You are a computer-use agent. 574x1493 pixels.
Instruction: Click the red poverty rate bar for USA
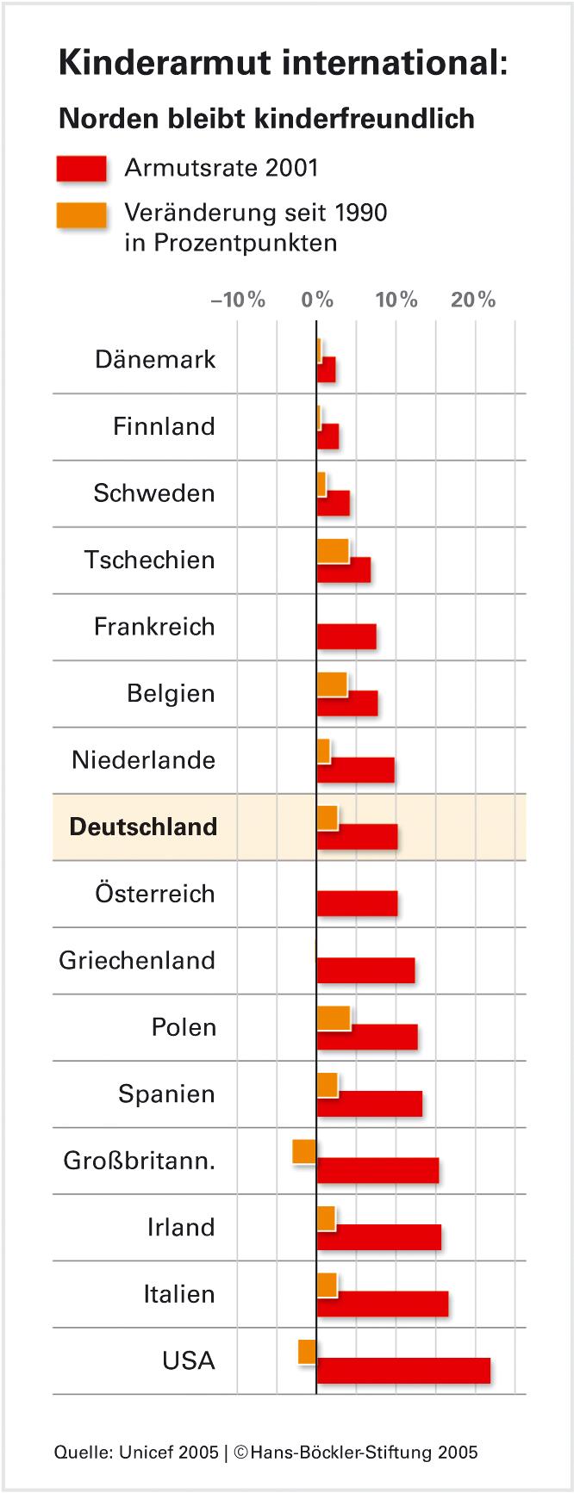[403, 1371]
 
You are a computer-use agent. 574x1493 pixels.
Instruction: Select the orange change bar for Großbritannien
[304, 1151]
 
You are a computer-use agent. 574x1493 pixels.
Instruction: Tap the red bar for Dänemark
[326, 370]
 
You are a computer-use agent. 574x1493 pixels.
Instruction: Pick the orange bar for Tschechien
[333, 550]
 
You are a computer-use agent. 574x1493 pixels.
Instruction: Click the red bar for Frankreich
[346, 636]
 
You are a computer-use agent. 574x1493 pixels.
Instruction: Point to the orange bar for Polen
[334, 1018]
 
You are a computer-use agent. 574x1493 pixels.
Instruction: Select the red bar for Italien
[383, 1304]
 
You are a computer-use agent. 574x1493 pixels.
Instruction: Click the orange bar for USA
[308, 1352]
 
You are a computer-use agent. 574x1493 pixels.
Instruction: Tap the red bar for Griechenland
[365, 970]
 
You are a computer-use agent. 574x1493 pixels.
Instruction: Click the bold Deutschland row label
[143, 827]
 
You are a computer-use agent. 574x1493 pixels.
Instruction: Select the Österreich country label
[155, 894]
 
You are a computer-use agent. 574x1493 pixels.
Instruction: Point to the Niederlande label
[143, 760]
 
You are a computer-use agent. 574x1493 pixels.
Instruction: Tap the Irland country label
[181, 1227]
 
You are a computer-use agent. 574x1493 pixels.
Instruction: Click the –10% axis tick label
[238, 300]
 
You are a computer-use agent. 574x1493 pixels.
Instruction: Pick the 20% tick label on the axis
[473, 300]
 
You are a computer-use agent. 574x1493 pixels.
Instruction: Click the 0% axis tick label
[317, 300]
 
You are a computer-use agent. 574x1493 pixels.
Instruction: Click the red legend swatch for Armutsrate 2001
[82, 169]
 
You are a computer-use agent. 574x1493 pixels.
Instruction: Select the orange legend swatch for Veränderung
[82, 215]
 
